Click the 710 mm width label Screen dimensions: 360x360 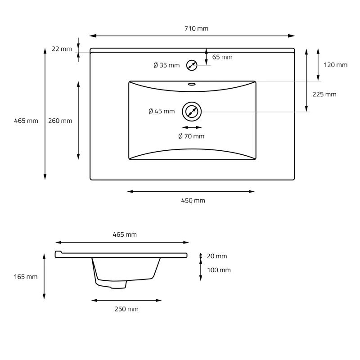tap(196, 28)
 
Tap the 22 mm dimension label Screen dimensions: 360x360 tap(62, 49)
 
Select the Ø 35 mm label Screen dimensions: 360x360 tap(166, 65)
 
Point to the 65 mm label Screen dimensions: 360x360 tap(222, 57)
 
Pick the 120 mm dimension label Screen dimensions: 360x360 tap(335, 65)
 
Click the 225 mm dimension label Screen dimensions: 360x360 tap(324, 94)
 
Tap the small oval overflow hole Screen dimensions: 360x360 tap(192, 84)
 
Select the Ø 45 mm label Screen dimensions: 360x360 tap(162, 111)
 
